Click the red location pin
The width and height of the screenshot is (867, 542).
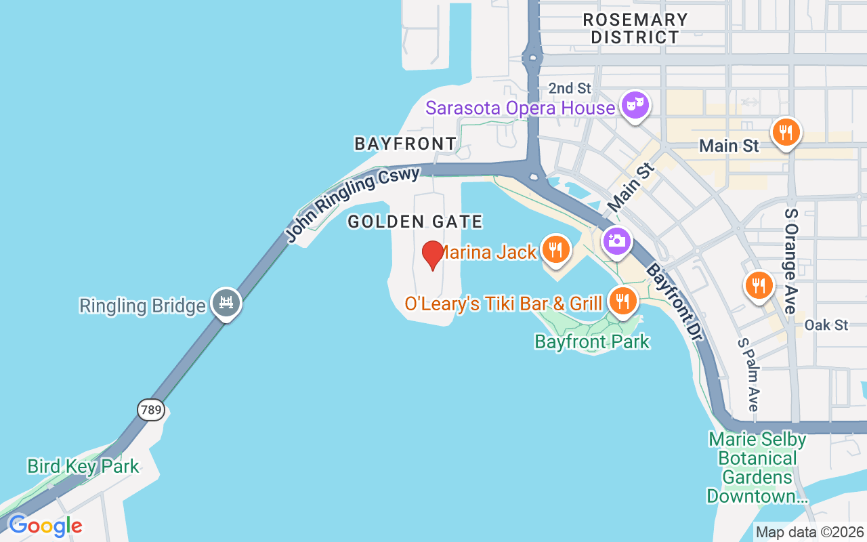click(432, 255)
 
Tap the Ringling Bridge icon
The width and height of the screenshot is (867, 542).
click(226, 302)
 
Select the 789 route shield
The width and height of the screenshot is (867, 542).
click(150, 409)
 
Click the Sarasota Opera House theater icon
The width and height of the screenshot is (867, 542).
click(635, 105)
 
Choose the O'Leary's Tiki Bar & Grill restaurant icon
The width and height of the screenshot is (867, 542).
click(622, 300)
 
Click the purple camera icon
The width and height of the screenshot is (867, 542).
click(616, 241)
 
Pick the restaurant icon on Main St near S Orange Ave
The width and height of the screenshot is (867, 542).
click(785, 131)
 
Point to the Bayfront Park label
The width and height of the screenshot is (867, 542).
click(592, 341)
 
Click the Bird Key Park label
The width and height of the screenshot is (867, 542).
click(83, 466)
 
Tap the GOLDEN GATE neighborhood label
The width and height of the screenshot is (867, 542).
click(415, 222)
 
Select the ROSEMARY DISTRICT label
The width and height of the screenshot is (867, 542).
click(635, 28)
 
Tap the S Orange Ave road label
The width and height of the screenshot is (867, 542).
click(790, 261)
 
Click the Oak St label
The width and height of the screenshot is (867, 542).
click(826, 325)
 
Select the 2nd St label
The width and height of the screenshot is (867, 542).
click(570, 88)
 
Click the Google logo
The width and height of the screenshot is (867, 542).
click(45, 526)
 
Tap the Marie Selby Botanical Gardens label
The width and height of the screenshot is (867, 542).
click(757, 467)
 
